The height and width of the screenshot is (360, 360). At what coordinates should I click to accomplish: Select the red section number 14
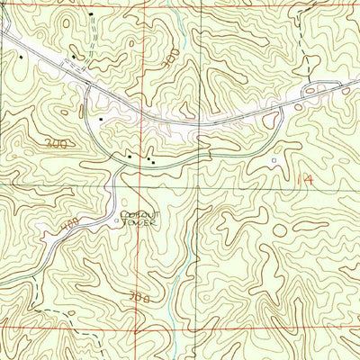click(307, 180)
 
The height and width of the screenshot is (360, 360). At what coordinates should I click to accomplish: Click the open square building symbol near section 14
click(274, 160)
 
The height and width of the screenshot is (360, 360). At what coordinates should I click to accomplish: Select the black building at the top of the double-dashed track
click(91, 16)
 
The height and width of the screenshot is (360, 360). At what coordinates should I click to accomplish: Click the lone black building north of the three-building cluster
click(102, 118)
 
